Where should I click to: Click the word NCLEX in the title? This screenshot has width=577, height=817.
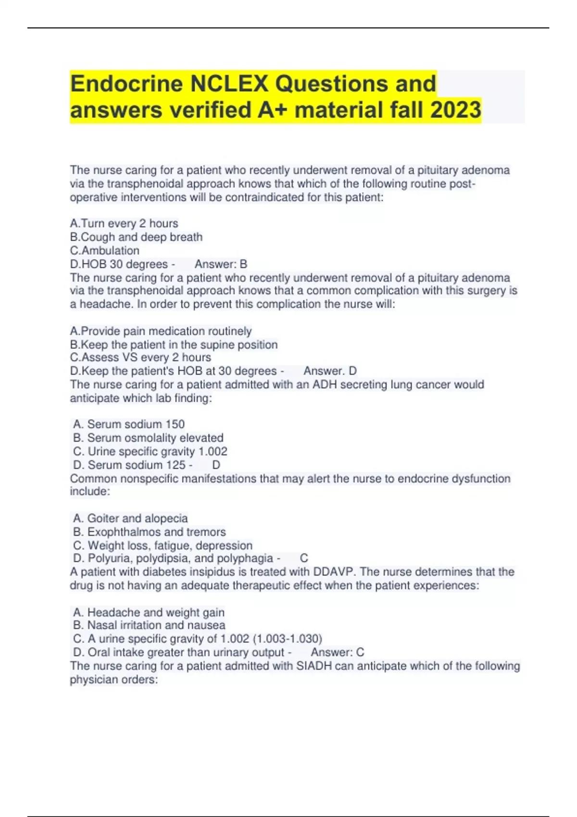coord(228,84)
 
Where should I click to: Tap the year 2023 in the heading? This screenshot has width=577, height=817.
coord(455,110)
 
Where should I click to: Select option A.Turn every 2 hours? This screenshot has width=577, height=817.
coord(124,223)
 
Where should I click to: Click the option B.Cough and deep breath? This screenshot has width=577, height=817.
coord(136,237)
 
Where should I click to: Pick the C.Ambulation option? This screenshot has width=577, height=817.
coord(105,250)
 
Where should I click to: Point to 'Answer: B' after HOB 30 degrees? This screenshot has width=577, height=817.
coord(221,264)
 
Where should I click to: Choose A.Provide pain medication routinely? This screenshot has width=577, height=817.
coord(161,331)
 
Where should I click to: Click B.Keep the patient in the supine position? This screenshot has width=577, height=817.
coord(174,345)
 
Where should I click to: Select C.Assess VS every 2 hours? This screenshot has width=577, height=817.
coord(140,358)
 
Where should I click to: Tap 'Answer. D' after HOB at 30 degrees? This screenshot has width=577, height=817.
coord(330,371)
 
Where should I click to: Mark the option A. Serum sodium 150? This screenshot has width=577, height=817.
coord(129,424)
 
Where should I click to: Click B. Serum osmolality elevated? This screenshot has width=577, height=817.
coord(148,438)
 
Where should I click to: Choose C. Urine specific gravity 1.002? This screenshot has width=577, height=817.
coord(150,451)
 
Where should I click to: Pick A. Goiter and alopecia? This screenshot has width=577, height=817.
coord(130,518)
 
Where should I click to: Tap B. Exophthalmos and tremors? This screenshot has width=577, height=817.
coord(149,532)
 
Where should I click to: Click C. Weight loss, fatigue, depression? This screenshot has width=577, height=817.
coord(163,545)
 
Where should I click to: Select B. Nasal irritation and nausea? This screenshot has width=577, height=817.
coord(149,625)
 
